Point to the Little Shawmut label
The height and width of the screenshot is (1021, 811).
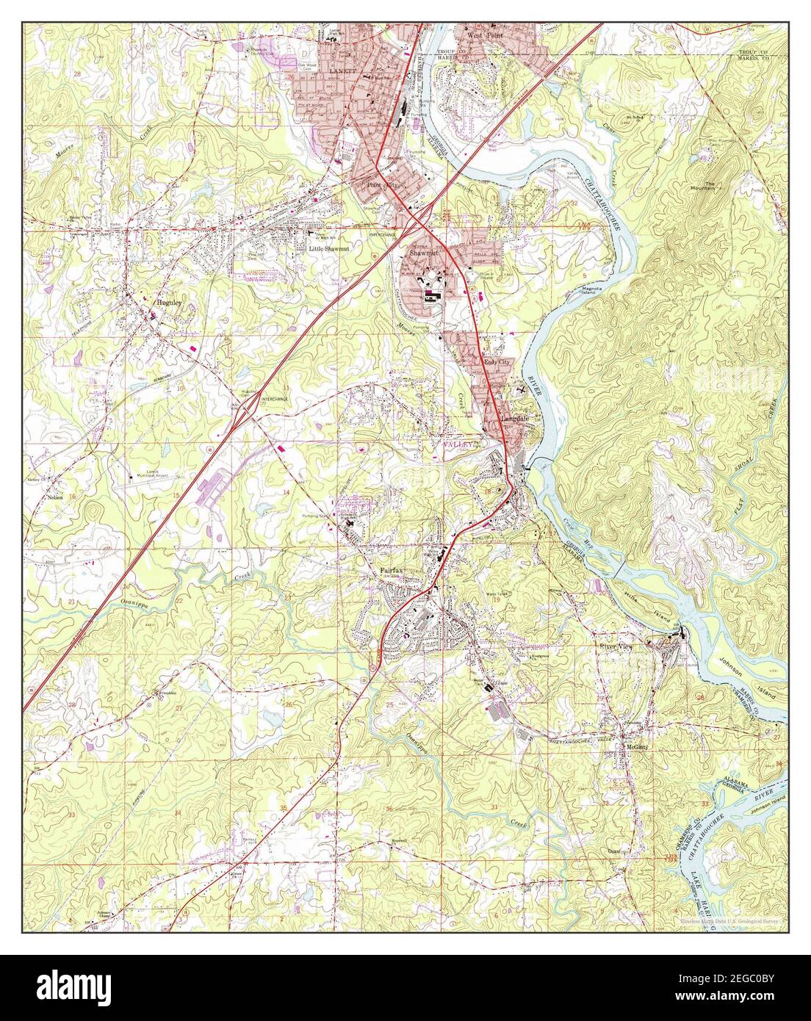[328, 249]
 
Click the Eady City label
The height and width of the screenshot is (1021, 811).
[496, 362]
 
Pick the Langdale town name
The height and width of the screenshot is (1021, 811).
[514, 419]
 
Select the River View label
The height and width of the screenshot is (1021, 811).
[616, 646]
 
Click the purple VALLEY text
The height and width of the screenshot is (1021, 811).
[457, 445]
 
